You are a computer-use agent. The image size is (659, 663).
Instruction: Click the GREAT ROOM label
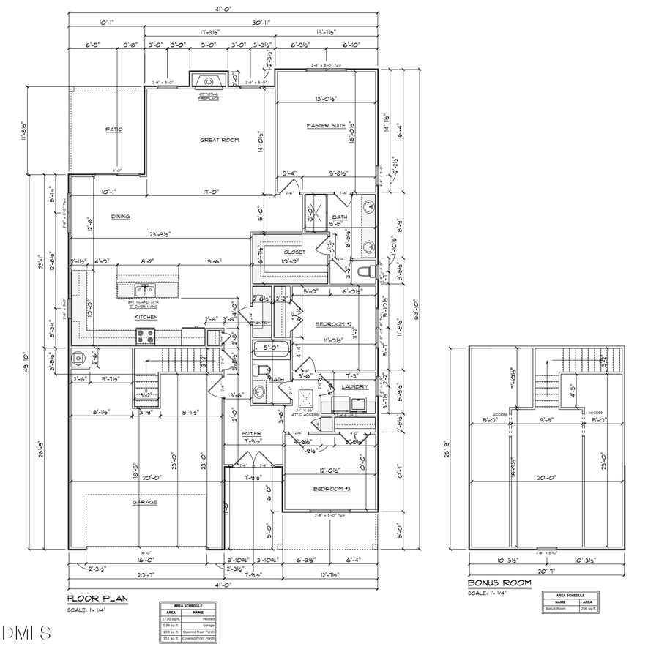click(220, 141)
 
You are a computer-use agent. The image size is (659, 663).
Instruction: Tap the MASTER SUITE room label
click(326, 126)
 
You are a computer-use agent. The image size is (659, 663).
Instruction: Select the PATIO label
click(113, 130)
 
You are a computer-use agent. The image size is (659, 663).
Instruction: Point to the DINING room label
click(121, 217)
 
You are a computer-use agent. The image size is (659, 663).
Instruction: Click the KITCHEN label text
click(145, 318)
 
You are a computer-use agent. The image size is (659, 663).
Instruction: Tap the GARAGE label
click(144, 502)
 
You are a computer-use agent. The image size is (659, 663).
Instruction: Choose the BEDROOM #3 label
click(332, 488)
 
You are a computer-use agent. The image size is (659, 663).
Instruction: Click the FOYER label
click(252, 434)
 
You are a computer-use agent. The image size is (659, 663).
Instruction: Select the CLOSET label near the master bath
click(295, 252)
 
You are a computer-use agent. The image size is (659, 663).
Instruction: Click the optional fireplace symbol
click(209, 80)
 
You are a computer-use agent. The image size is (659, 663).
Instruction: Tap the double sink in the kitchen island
click(145, 291)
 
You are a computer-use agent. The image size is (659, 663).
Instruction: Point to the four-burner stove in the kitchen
click(144, 337)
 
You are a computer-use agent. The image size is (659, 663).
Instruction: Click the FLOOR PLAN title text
click(98, 599)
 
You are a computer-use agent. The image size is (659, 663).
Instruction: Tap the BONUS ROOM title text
click(499, 583)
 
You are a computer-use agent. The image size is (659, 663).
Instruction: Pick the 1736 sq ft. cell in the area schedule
click(170, 618)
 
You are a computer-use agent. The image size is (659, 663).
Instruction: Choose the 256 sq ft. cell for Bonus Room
click(588, 608)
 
